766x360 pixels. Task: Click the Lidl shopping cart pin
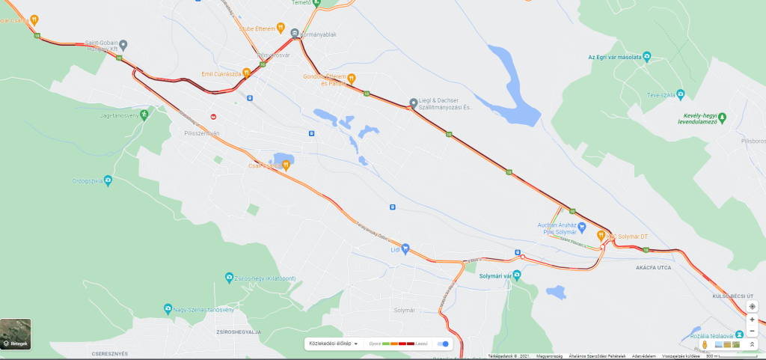405,248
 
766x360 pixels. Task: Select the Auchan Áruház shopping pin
580,226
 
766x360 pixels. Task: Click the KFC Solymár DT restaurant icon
601,236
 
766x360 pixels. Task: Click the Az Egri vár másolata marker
647,56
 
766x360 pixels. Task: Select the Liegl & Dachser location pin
413,103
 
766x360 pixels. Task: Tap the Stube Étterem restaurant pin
281,28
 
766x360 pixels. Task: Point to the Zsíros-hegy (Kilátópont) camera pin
229,278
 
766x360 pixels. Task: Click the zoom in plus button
753,319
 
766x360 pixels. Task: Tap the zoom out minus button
753,331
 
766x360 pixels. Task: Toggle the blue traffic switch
444,344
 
